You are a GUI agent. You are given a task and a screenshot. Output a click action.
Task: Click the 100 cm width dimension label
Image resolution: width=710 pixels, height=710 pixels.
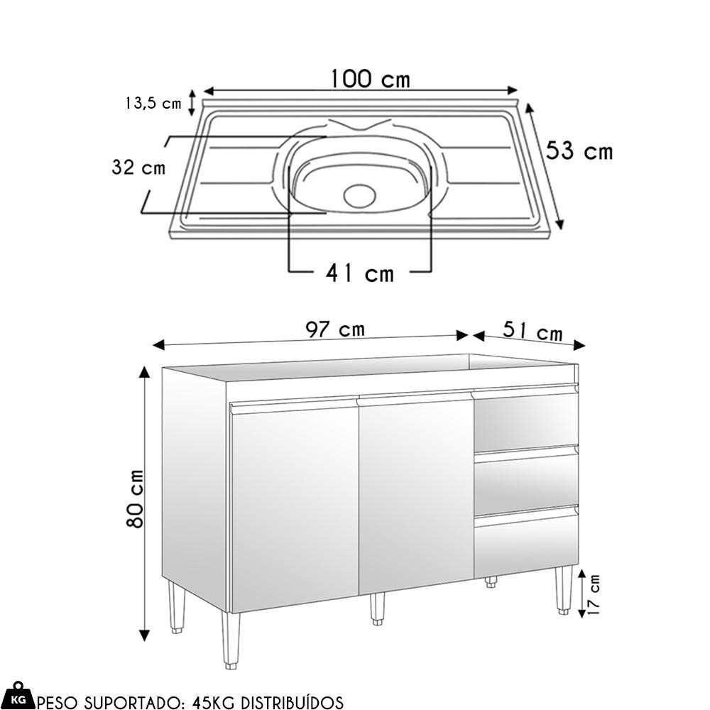371,79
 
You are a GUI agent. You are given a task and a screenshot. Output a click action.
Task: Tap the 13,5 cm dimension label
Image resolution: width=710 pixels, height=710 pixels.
153,103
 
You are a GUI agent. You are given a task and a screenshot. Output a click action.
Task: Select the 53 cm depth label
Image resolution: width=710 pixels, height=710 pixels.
579,151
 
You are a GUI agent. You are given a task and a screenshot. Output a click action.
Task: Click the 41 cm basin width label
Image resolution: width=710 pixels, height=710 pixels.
360,273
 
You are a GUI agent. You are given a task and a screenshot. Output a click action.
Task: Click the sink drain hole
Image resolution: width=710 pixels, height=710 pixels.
359,196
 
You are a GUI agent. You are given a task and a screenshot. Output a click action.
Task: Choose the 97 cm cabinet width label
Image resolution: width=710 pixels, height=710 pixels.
335,329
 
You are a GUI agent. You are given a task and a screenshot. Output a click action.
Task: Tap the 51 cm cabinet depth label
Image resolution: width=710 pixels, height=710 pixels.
533,331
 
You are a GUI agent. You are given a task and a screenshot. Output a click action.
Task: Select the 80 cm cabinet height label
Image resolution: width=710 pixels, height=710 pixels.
135,498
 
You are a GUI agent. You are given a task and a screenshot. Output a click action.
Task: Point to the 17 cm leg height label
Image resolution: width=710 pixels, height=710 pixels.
593,594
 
